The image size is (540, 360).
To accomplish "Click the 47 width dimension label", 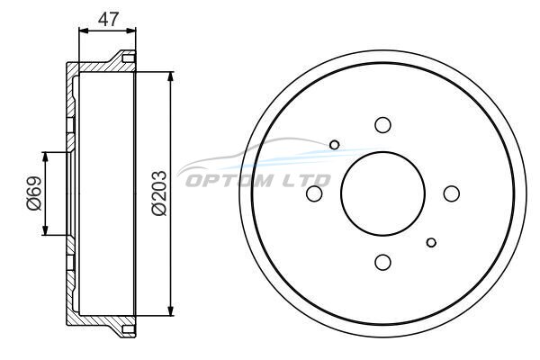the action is click(x=108, y=19).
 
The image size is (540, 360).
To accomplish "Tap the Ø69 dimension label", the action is click(x=34, y=193).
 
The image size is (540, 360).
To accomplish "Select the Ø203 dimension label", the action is click(x=159, y=193).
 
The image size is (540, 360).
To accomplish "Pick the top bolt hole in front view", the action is click(x=382, y=125).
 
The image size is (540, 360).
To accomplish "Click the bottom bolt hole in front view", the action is click(x=382, y=263).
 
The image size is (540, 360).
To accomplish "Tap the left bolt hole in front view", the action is click(x=314, y=193).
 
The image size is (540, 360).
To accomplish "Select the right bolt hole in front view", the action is click(x=452, y=193).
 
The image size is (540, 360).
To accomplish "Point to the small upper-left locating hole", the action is click(x=334, y=145).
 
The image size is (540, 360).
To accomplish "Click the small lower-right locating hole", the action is click(x=431, y=242).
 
